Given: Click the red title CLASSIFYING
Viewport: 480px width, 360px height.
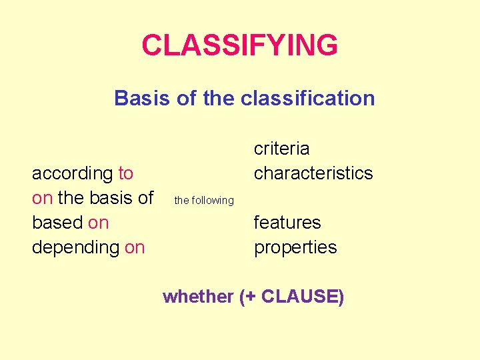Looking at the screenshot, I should (x=239, y=46).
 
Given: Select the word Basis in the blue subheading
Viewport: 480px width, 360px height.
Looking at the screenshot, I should (x=135, y=99).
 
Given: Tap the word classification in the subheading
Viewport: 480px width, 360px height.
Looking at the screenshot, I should (x=308, y=99).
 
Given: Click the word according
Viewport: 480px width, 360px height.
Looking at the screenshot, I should (x=73, y=173).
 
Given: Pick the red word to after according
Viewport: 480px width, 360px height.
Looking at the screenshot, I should (x=125, y=173).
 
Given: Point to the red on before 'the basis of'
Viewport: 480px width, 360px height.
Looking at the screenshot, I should (x=42, y=198).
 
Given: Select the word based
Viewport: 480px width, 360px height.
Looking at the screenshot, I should (x=57, y=223).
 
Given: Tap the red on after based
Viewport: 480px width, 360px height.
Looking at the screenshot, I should (x=98, y=223).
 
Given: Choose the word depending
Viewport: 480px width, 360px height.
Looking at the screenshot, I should (x=75, y=247).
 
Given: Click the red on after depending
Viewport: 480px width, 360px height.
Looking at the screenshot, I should (x=134, y=247).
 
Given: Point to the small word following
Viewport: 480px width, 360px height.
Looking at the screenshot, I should (x=212, y=201).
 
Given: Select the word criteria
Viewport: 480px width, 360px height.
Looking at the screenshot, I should (x=281, y=149).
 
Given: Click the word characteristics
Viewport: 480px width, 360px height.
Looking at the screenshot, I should (x=313, y=173).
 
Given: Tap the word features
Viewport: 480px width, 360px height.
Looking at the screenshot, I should (x=287, y=223).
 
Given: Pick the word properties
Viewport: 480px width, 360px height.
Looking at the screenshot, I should (x=295, y=247).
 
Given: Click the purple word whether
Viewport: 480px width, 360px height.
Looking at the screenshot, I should (x=197, y=297).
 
